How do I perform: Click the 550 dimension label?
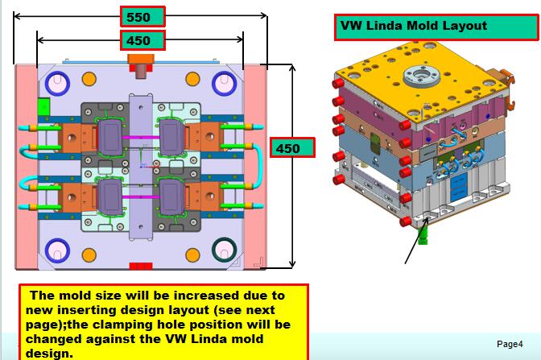(142, 16)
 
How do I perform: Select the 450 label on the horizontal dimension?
(142, 39)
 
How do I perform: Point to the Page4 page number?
(510, 344)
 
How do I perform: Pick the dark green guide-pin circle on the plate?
(224, 249)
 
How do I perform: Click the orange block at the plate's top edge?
(141, 60)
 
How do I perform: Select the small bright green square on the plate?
(43, 105)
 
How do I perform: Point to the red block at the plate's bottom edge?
(141, 266)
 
